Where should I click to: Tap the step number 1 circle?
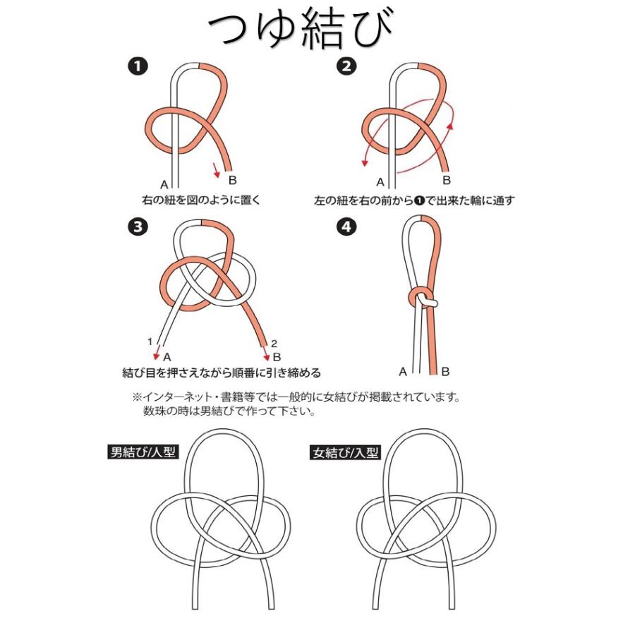point(138,67)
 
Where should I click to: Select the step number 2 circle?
point(345,67)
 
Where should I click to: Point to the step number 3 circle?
point(138,227)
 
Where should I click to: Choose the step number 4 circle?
point(345,227)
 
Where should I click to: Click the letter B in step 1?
point(233,181)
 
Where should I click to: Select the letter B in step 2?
point(446,181)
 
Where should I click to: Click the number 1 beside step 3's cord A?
point(150,341)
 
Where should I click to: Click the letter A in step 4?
point(403,371)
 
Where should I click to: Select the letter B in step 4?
point(445,371)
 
